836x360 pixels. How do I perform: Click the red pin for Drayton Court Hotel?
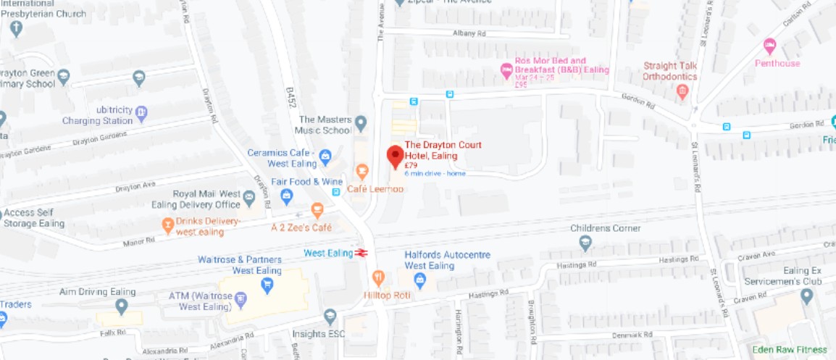pyautogui.click(x=395, y=155)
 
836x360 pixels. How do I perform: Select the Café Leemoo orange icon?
pyautogui.click(x=362, y=172)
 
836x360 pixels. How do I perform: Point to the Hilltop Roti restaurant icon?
pyautogui.click(x=378, y=277)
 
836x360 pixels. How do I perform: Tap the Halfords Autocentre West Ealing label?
pyautogui.click(x=447, y=260)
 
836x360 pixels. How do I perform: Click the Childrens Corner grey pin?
pyautogui.click(x=585, y=244)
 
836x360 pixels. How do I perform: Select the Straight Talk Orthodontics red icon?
pyautogui.click(x=682, y=91)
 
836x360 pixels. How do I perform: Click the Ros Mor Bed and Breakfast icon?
pyautogui.click(x=506, y=70)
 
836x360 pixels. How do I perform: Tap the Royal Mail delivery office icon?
pyautogui.click(x=249, y=196)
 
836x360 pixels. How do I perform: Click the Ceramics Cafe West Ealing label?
pyautogui.click(x=280, y=158)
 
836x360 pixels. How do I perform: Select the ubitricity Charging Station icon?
pyautogui.click(x=141, y=112)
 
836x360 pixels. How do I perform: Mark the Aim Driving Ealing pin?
pyautogui.click(x=122, y=306)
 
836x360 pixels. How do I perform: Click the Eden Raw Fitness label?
pyautogui.click(x=790, y=350)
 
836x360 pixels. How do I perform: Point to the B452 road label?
pyautogui.click(x=291, y=99)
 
